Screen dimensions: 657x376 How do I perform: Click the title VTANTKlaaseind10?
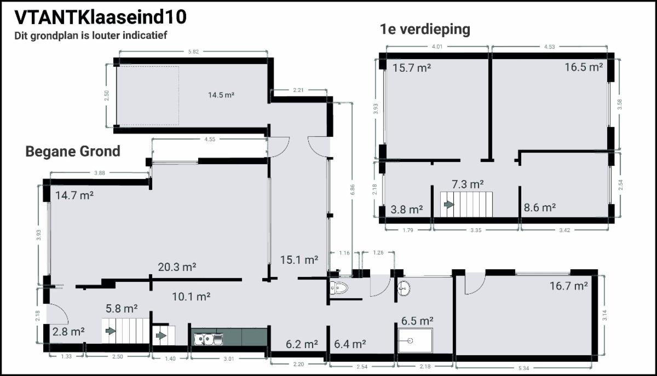click(x=100, y=17)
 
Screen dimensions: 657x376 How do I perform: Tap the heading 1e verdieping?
click(x=425, y=30)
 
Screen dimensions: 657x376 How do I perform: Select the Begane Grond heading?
click(x=73, y=152)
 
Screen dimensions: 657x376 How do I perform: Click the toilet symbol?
click(x=339, y=288)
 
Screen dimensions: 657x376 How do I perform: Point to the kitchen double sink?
click(x=209, y=339)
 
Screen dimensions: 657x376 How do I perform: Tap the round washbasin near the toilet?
click(x=404, y=288)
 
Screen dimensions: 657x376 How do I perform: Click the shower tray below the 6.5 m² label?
click(x=416, y=340)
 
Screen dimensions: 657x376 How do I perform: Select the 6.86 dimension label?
click(x=352, y=189)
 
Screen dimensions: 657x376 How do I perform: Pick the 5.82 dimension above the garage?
click(x=193, y=51)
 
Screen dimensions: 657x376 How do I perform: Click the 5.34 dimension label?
click(x=524, y=368)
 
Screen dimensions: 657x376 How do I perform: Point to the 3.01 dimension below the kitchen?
click(x=229, y=358)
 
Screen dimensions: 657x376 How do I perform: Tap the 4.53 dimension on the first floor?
click(x=549, y=47)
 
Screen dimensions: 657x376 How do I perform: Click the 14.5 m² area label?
click(x=221, y=95)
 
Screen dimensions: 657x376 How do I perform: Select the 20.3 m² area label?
click(x=177, y=267)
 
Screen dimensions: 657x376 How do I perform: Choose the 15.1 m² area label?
click(x=299, y=260)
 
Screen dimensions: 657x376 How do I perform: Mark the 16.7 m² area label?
click(x=569, y=286)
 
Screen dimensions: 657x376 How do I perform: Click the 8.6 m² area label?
click(x=540, y=207)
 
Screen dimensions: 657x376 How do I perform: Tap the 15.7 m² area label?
click(x=412, y=68)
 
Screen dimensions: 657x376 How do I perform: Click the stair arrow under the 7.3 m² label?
click(x=449, y=204)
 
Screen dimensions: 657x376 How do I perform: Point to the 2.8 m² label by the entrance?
click(x=68, y=332)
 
